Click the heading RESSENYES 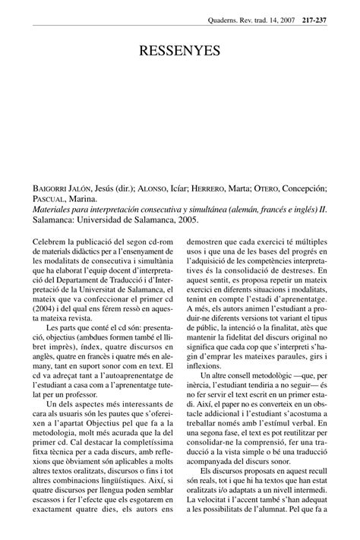[x=180, y=52]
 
